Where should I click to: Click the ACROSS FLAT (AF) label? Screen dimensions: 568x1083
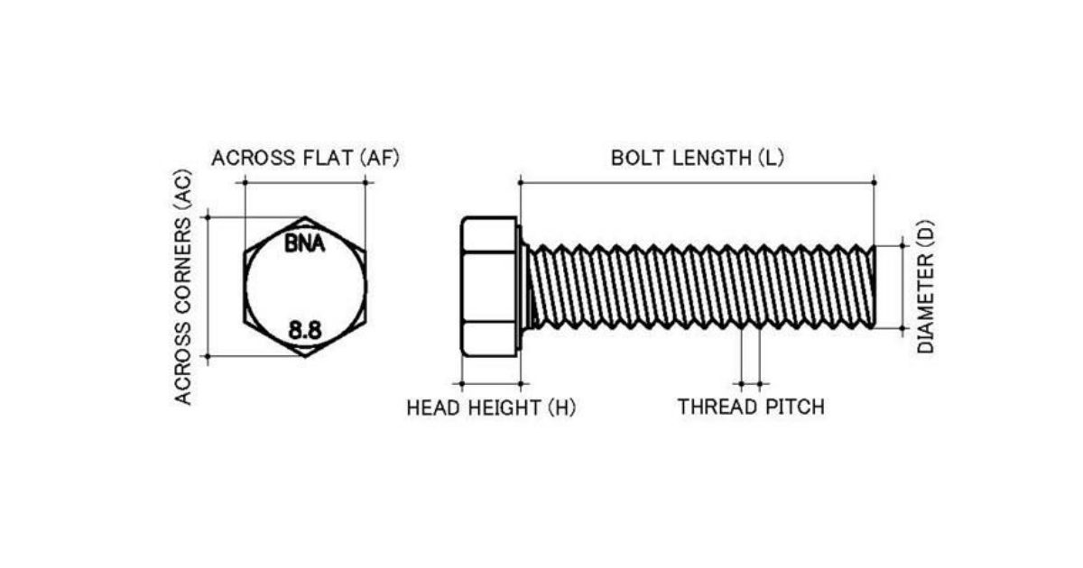[305, 158]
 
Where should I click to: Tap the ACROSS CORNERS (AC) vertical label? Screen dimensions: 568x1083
[184, 287]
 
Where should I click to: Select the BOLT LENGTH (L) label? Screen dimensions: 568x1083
[697, 158]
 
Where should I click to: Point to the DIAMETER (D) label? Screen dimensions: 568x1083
[926, 287]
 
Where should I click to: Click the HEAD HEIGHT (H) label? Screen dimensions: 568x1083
[491, 408]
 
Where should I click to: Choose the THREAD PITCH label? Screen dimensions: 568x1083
[751, 407]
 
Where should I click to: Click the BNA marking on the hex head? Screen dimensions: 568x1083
[305, 243]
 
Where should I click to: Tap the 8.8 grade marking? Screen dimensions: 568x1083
[305, 331]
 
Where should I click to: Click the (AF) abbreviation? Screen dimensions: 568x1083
[379, 158]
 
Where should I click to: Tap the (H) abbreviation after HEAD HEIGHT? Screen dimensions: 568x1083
[560, 408]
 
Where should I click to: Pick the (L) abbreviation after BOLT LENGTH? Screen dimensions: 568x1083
[771, 158]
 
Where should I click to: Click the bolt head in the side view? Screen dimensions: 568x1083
[489, 287]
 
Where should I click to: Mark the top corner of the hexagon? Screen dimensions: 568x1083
[305, 217]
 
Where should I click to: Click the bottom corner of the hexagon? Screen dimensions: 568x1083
[305, 356]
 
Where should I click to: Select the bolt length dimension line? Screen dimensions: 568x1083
[697, 182]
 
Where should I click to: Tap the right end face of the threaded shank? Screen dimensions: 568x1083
[873, 287]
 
